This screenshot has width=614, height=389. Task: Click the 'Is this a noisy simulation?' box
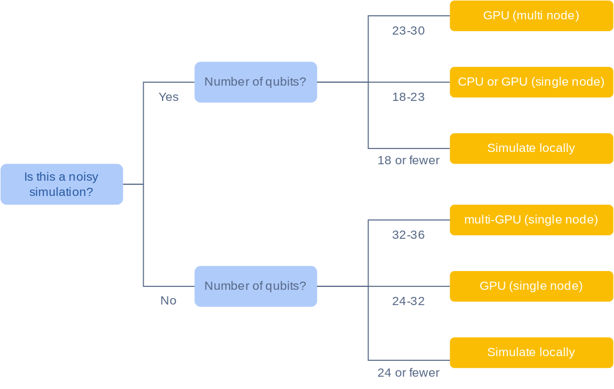62,184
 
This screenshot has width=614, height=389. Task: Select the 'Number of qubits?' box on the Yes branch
255,82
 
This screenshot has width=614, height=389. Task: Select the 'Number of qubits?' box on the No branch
255,286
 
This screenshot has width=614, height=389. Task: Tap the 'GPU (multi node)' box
531,16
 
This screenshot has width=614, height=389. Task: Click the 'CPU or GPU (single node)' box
531,82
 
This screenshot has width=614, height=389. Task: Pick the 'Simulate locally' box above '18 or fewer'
531,148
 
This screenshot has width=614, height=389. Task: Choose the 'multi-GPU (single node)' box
531,220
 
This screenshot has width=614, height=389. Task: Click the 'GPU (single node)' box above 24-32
531,286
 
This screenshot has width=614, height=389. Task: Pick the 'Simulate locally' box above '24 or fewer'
531,353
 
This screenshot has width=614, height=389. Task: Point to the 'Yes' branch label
168,97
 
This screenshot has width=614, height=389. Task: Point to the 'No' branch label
168,301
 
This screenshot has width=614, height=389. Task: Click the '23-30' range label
409,31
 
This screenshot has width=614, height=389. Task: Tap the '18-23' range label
409,97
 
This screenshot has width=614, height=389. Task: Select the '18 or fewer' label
409,160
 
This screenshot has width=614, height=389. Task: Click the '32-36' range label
409,235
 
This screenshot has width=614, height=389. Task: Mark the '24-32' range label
409,301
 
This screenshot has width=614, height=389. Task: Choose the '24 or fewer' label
409,373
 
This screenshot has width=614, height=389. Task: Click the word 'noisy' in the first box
83,177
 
